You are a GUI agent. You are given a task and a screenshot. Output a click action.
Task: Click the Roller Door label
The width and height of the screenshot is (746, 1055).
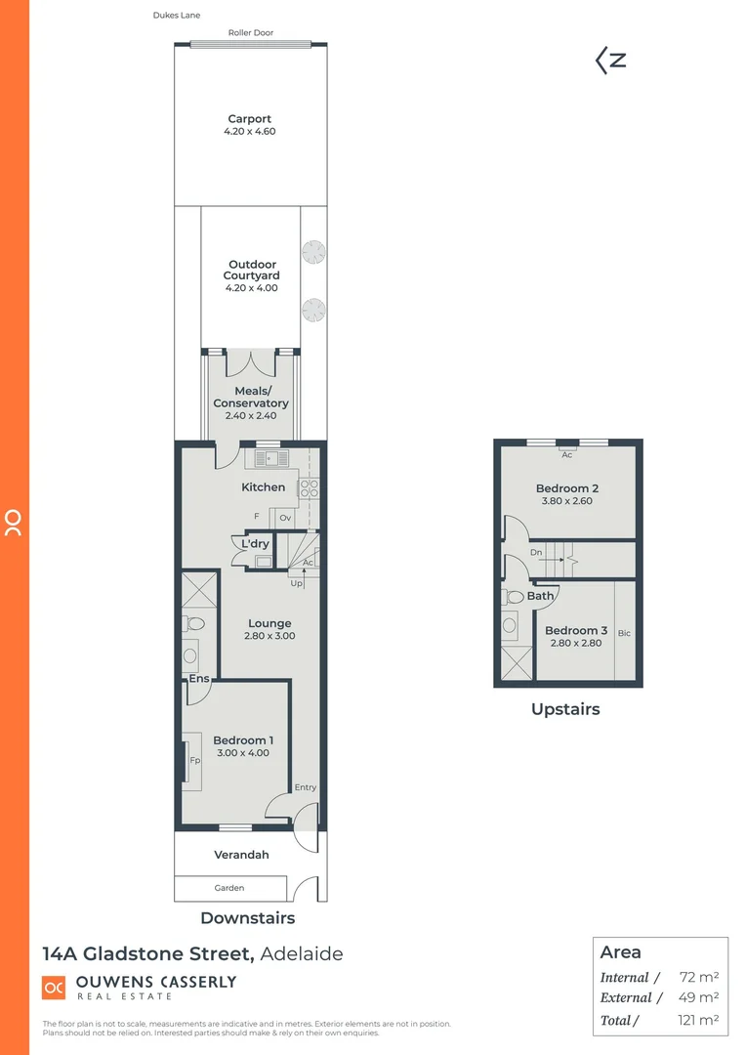250,32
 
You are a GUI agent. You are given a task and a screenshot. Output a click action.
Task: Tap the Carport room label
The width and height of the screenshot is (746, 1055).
250,119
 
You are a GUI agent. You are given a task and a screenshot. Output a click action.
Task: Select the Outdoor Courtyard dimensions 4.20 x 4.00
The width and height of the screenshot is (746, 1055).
250,288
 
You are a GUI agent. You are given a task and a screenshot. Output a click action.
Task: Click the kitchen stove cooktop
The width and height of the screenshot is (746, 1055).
309,488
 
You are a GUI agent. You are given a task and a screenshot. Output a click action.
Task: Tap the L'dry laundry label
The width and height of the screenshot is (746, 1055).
255,544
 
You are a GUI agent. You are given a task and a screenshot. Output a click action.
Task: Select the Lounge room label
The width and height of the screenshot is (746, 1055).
269,623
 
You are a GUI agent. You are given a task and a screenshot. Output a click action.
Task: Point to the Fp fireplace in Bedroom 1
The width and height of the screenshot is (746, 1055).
194,759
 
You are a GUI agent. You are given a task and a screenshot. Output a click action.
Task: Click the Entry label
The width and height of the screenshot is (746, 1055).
305,787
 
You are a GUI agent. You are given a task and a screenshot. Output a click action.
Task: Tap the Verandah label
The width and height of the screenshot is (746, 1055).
241,855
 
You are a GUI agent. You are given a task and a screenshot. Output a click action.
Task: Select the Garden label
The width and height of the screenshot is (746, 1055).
230,888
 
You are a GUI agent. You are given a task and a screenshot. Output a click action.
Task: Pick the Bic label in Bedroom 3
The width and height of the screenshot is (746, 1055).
624,634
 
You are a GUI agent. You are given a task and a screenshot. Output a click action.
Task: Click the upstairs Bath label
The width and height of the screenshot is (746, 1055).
540,596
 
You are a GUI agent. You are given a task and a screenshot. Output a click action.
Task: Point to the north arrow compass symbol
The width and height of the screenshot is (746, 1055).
611,61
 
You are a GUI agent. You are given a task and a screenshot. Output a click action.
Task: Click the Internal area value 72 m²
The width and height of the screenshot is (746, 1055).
698,977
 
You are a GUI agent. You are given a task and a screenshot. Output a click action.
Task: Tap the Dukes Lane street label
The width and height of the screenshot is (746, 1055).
177,16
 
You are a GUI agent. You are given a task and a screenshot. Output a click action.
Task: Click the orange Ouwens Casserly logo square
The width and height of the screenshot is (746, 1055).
54,988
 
